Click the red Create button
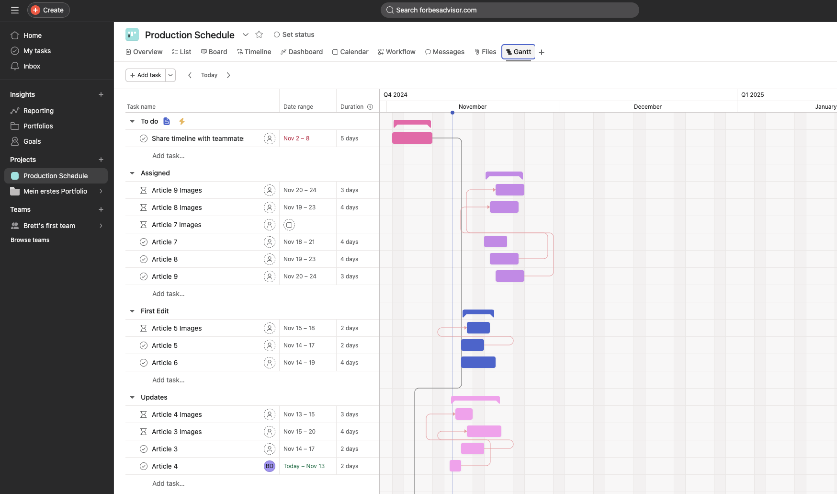tap(48, 10)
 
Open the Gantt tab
tap(518, 52)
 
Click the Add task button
tap(146, 75)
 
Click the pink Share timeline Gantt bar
tap(412, 138)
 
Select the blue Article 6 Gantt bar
tap(478, 362)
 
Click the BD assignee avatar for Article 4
tap(270, 466)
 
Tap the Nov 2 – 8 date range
tap(296, 138)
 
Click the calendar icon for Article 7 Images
tap(289, 225)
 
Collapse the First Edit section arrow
tap(132, 311)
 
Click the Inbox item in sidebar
tap(32, 66)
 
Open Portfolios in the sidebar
tap(38, 126)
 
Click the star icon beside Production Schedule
tap(259, 34)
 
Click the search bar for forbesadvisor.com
tap(509, 10)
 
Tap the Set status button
tap(294, 34)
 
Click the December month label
tap(647, 107)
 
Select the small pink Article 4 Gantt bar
tap(455, 466)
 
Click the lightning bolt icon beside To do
tap(182, 121)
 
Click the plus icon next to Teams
tap(101, 209)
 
